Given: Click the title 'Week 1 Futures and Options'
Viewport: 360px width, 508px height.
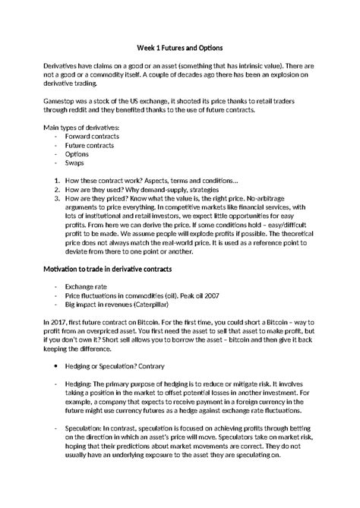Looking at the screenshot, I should (179, 47).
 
